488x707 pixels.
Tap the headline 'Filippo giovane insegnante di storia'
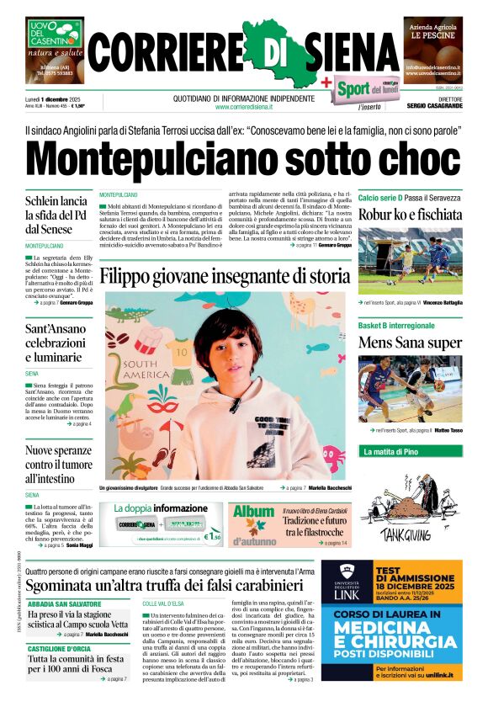[x=225, y=275]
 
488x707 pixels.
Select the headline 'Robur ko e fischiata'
[x=410, y=214]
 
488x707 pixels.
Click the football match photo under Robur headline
[x=410, y=261]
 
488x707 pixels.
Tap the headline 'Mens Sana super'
[x=410, y=343]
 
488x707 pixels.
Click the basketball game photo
[x=410, y=390]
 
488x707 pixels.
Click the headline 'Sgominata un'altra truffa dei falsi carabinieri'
[x=168, y=586]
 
